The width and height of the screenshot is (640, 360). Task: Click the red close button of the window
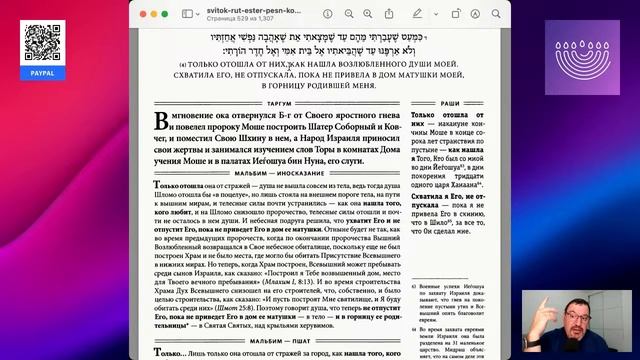(x=138, y=15)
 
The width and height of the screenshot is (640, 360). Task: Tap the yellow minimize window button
(x=150, y=15)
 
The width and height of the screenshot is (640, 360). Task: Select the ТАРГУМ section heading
(x=288, y=103)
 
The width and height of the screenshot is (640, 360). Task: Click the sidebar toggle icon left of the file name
(x=188, y=15)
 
